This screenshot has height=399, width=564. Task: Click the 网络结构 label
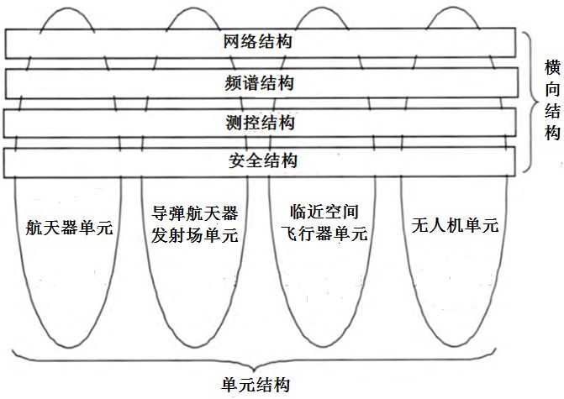click(x=259, y=41)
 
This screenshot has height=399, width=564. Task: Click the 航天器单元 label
click(x=70, y=227)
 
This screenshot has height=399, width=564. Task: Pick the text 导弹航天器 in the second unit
click(x=194, y=215)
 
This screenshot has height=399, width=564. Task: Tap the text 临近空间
click(x=323, y=215)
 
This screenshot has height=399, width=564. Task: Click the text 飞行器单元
click(x=323, y=236)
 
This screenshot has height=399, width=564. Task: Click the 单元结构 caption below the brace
click(x=256, y=385)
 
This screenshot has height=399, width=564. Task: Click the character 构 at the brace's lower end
click(x=551, y=133)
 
